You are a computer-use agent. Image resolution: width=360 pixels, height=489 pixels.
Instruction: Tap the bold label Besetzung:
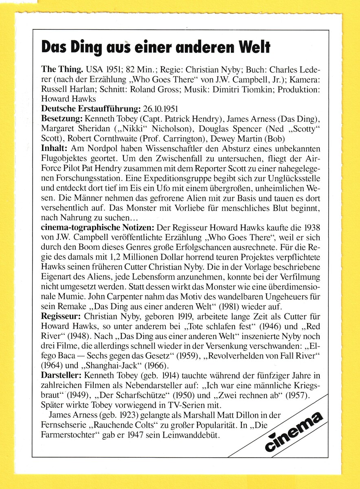(61, 119)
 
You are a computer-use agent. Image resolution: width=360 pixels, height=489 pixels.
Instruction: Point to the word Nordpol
(102, 149)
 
